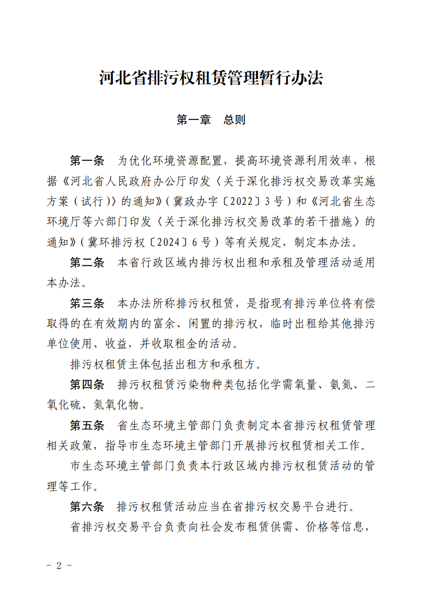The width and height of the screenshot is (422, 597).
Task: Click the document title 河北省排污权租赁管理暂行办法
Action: click(211, 79)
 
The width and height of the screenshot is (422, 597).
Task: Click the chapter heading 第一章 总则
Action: click(211, 120)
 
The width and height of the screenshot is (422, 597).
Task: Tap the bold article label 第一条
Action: click(87, 161)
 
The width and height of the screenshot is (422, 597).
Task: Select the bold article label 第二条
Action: click(87, 262)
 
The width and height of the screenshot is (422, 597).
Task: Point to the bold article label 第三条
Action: click(87, 303)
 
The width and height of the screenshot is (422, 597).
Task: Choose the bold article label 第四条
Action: click(87, 384)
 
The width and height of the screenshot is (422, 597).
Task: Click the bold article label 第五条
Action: click(87, 425)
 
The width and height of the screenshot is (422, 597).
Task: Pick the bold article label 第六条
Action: click(87, 505)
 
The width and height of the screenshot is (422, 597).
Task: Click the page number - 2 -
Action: click(58, 565)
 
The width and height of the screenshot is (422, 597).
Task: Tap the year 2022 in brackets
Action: click(240, 201)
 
